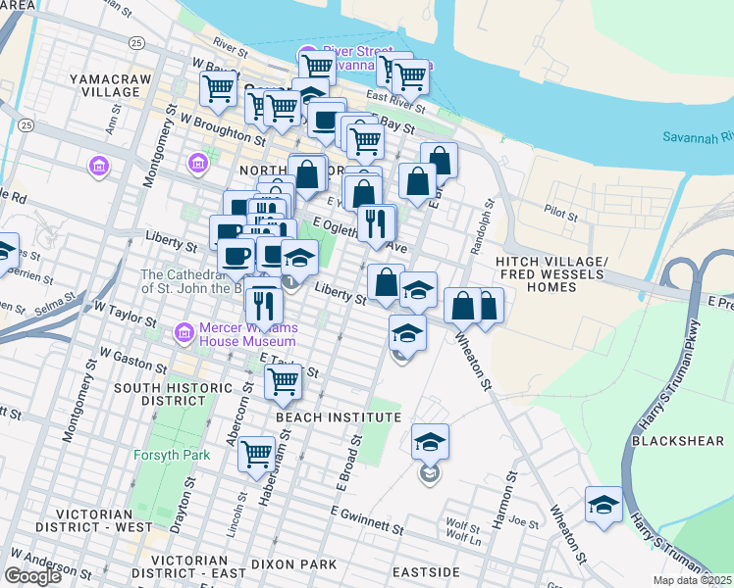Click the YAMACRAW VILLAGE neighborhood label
click(x=104, y=84)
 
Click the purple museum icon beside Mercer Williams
click(x=183, y=334)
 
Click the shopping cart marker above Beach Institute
click(x=283, y=380)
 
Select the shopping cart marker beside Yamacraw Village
click(x=219, y=90)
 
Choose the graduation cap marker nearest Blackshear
click(x=603, y=506)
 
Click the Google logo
click(x=32, y=576)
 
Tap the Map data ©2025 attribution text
click(x=693, y=580)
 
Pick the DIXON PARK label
click(x=295, y=564)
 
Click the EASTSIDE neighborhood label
click(x=426, y=571)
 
